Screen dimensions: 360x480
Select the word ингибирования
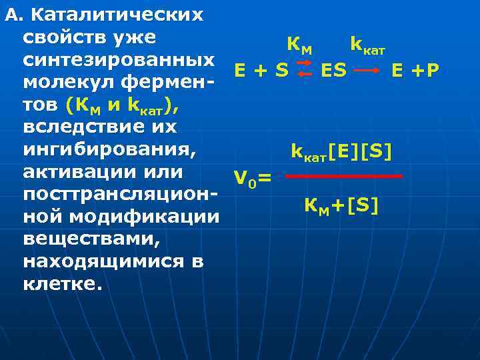tap(109, 150)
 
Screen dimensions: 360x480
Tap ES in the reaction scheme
tap(333, 70)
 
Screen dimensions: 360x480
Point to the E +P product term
tap(415, 70)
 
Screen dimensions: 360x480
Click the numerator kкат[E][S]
tap(341, 153)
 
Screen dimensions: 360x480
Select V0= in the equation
tap(253, 178)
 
